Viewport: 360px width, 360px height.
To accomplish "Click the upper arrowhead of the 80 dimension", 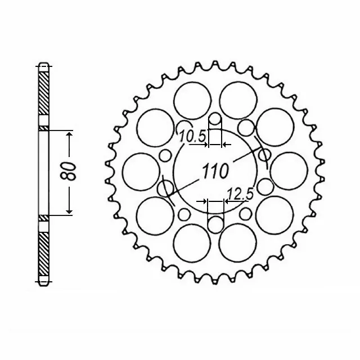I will (x=69, y=135).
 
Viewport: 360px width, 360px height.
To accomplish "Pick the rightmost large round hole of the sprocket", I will (x=290, y=170).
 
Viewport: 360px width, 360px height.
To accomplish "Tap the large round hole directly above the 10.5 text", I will (x=191, y=101).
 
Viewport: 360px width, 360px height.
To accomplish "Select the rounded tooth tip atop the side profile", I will (x=44, y=62).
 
